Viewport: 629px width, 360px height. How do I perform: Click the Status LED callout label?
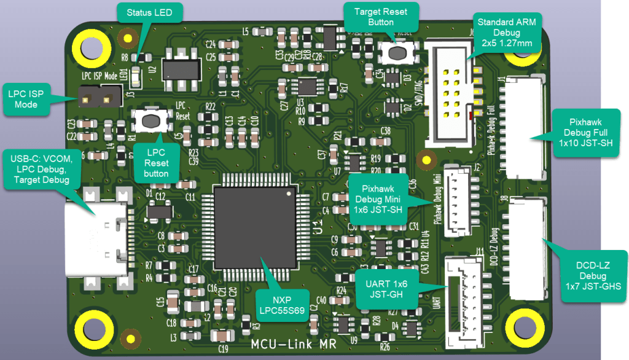click(x=149, y=12)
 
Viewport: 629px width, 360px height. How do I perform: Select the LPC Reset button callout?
click(x=156, y=163)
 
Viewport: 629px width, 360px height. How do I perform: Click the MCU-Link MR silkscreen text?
click(x=294, y=344)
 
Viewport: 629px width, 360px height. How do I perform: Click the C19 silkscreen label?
click(x=223, y=348)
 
